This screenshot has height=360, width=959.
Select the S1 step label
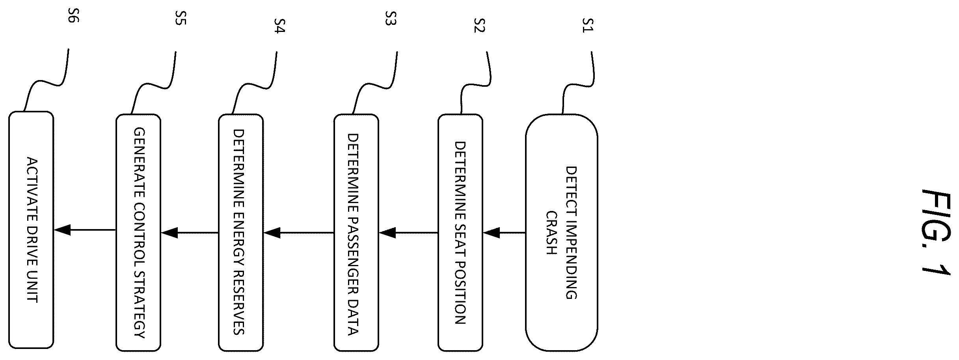coord(588,25)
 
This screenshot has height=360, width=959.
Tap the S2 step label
coord(479,25)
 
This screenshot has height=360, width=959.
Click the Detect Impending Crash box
coord(561,233)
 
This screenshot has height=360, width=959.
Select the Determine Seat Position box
coord(460,233)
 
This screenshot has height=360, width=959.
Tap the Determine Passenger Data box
coord(356,233)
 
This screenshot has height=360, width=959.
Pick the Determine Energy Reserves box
coord(241,233)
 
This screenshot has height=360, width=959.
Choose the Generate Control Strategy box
coord(138,233)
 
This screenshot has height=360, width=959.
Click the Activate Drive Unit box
coord(31,230)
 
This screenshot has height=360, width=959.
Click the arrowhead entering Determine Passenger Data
coord(387,233)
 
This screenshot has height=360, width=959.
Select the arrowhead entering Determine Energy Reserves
coord(272,233)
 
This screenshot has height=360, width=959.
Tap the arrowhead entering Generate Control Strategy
coord(169,233)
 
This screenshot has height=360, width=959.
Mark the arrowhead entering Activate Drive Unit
coord(62,230)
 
